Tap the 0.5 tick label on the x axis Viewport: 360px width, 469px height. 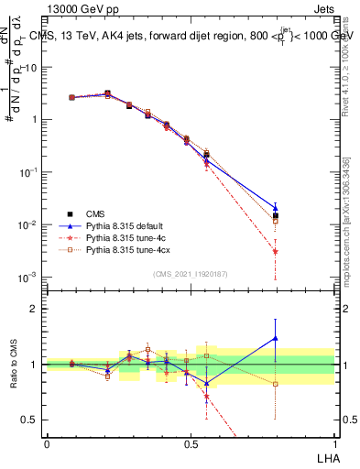pos(191,443)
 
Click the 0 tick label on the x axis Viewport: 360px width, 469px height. pos(47,443)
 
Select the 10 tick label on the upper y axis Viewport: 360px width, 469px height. pos(28,67)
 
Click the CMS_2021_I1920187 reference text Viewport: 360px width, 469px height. pos(190,274)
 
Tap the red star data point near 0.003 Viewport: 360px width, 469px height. pos(275,251)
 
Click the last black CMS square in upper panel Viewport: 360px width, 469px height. pos(275,216)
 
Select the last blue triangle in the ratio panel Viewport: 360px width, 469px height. pos(275,338)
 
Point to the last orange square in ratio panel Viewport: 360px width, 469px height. pos(275,384)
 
